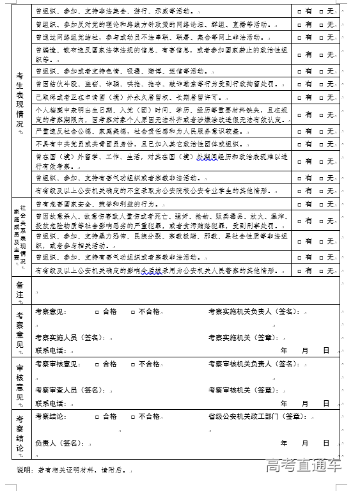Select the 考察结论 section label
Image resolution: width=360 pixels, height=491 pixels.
20,432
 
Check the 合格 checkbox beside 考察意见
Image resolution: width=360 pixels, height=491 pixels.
97,312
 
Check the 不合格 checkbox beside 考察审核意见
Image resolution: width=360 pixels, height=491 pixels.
132,364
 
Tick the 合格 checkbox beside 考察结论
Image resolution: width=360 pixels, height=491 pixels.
97,416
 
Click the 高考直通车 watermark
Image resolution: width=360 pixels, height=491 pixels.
304,465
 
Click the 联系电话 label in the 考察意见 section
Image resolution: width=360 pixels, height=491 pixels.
50,350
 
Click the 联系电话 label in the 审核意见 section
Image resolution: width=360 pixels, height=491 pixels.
50,403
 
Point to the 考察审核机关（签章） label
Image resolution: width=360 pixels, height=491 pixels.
240,389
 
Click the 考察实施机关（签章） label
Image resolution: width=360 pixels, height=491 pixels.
240,338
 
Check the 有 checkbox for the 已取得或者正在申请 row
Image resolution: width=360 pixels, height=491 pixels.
299,98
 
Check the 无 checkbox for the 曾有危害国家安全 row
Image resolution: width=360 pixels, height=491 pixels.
323,205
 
